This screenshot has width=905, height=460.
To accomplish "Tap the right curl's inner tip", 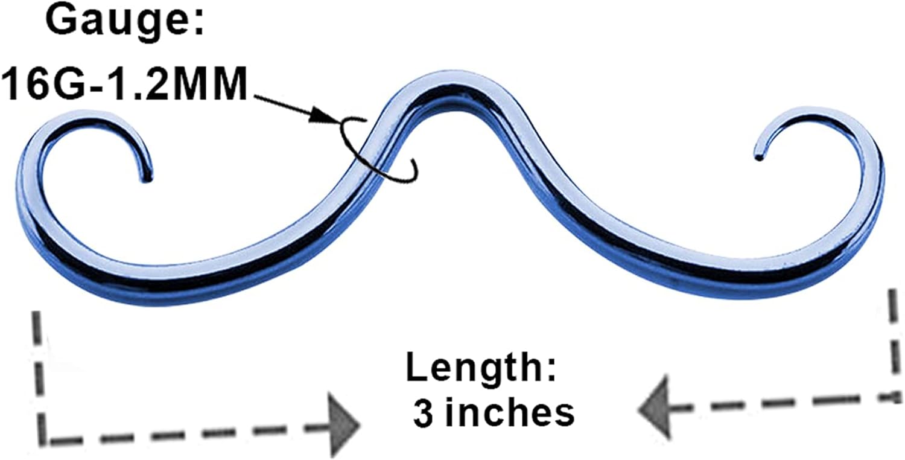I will (758, 157).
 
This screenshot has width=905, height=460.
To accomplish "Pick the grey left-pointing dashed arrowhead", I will (655, 408).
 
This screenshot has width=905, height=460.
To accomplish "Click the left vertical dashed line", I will (39, 374).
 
